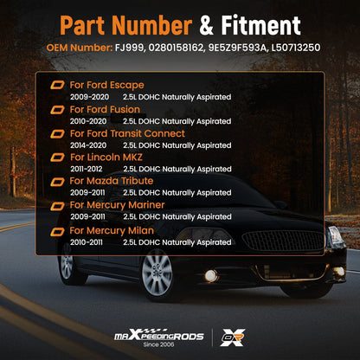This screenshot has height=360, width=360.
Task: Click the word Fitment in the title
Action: pyautogui.click(x=260, y=25)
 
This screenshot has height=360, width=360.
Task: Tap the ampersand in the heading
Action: pyautogui.click(x=206, y=25)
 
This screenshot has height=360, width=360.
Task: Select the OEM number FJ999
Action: pyautogui.click(x=130, y=48)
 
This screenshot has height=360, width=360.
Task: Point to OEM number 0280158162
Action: pyautogui.click(x=176, y=48)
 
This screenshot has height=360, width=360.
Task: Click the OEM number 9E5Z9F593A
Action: pyautogui.click(x=238, y=48)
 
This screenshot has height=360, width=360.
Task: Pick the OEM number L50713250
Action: pyautogui.click(x=296, y=48)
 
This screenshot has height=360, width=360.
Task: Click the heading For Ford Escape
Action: pyautogui.click(x=107, y=85)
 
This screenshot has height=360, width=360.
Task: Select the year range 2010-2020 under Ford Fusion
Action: pyautogui.click(x=88, y=121)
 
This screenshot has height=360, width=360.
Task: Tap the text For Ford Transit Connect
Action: pyautogui.click(x=127, y=133)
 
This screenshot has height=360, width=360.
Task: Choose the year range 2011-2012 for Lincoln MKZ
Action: pyautogui.click(x=87, y=169)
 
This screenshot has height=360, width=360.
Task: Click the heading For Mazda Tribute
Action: pyautogui.click(x=112, y=181)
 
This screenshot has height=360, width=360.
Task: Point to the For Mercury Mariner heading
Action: pyautogui.click(x=117, y=205)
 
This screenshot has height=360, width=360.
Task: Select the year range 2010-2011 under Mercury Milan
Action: pyautogui.click(x=87, y=242)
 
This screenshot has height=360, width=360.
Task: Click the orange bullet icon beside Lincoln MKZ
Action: pyautogui.click(x=57, y=157)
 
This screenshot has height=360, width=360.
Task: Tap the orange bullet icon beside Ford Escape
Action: pyautogui.click(x=57, y=85)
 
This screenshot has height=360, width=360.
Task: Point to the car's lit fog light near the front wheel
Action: pyautogui.click(x=211, y=276)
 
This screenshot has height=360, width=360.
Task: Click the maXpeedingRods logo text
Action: pyautogui.click(x=159, y=335)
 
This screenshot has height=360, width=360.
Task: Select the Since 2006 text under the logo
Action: pyautogui.click(x=159, y=344)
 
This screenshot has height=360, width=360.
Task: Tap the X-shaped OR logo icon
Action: pyautogui.click(x=233, y=337)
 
